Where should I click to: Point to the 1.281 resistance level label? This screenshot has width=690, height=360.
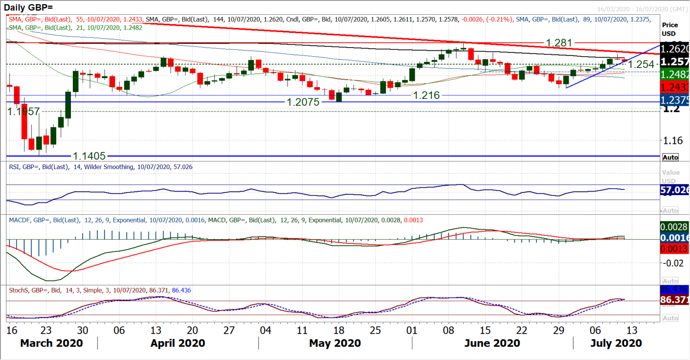click(x=559, y=43)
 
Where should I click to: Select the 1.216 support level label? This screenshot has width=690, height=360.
click(x=426, y=95)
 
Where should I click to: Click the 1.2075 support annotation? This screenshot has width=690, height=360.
click(x=303, y=102)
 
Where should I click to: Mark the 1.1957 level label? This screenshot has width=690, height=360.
click(x=23, y=111)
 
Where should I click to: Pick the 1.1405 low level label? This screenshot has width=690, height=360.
click(x=89, y=156)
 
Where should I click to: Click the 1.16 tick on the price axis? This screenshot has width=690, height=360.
click(x=673, y=141)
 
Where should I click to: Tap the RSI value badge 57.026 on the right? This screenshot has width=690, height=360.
click(x=674, y=190)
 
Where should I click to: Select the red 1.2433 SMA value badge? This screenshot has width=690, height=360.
click(x=674, y=87)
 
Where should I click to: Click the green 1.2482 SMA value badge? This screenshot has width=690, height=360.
click(x=674, y=75)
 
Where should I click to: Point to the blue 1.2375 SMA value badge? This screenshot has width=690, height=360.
click(x=674, y=100)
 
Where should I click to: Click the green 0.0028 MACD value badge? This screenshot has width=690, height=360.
click(x=674, y=227)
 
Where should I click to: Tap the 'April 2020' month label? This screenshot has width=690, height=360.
click(x=178, y=343)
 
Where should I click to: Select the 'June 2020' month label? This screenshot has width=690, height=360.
click(x=492, y=343)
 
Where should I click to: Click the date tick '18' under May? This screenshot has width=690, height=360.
click(x=339, y=330)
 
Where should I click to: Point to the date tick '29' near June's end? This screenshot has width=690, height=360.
click(x=558, y=330)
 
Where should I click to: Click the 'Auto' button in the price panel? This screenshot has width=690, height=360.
click(x=670, y=157)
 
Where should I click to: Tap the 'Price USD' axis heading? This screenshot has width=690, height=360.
click(x=669, y=29)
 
